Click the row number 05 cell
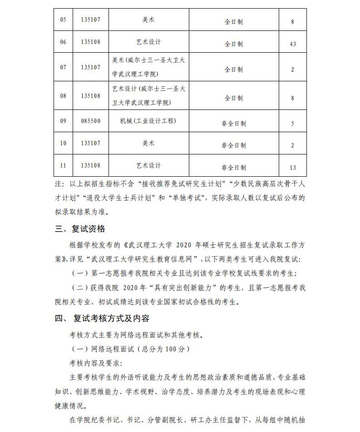[x=63, y=20]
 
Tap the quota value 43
[x=292, y=44]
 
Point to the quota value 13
[x=292, y=168]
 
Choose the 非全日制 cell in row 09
[x=234, y=123]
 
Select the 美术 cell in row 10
[x=148, y=143]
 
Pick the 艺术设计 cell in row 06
[x=148, y=42]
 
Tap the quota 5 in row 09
[x=292, y=124]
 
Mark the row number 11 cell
[x=63, y=165]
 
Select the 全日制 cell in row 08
[x=234, y=98]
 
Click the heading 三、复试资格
[x=80, y=229]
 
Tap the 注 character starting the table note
[x=57, y=184]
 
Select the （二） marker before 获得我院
[x=80, y=288]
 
